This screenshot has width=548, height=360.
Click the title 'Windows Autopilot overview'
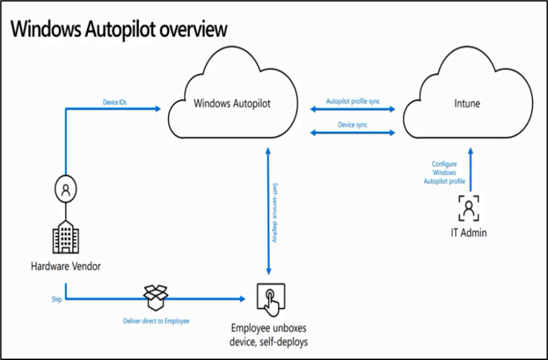coord(119,29)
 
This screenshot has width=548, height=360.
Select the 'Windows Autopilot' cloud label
coord(235,104)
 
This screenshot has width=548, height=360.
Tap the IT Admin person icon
coord(469,209)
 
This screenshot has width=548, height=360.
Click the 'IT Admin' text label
coord(469,233)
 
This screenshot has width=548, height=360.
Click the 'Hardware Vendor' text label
coord(66,266)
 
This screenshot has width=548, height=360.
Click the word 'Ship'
coord(57,296)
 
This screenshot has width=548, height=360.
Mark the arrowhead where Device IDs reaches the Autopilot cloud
coord(158,109)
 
